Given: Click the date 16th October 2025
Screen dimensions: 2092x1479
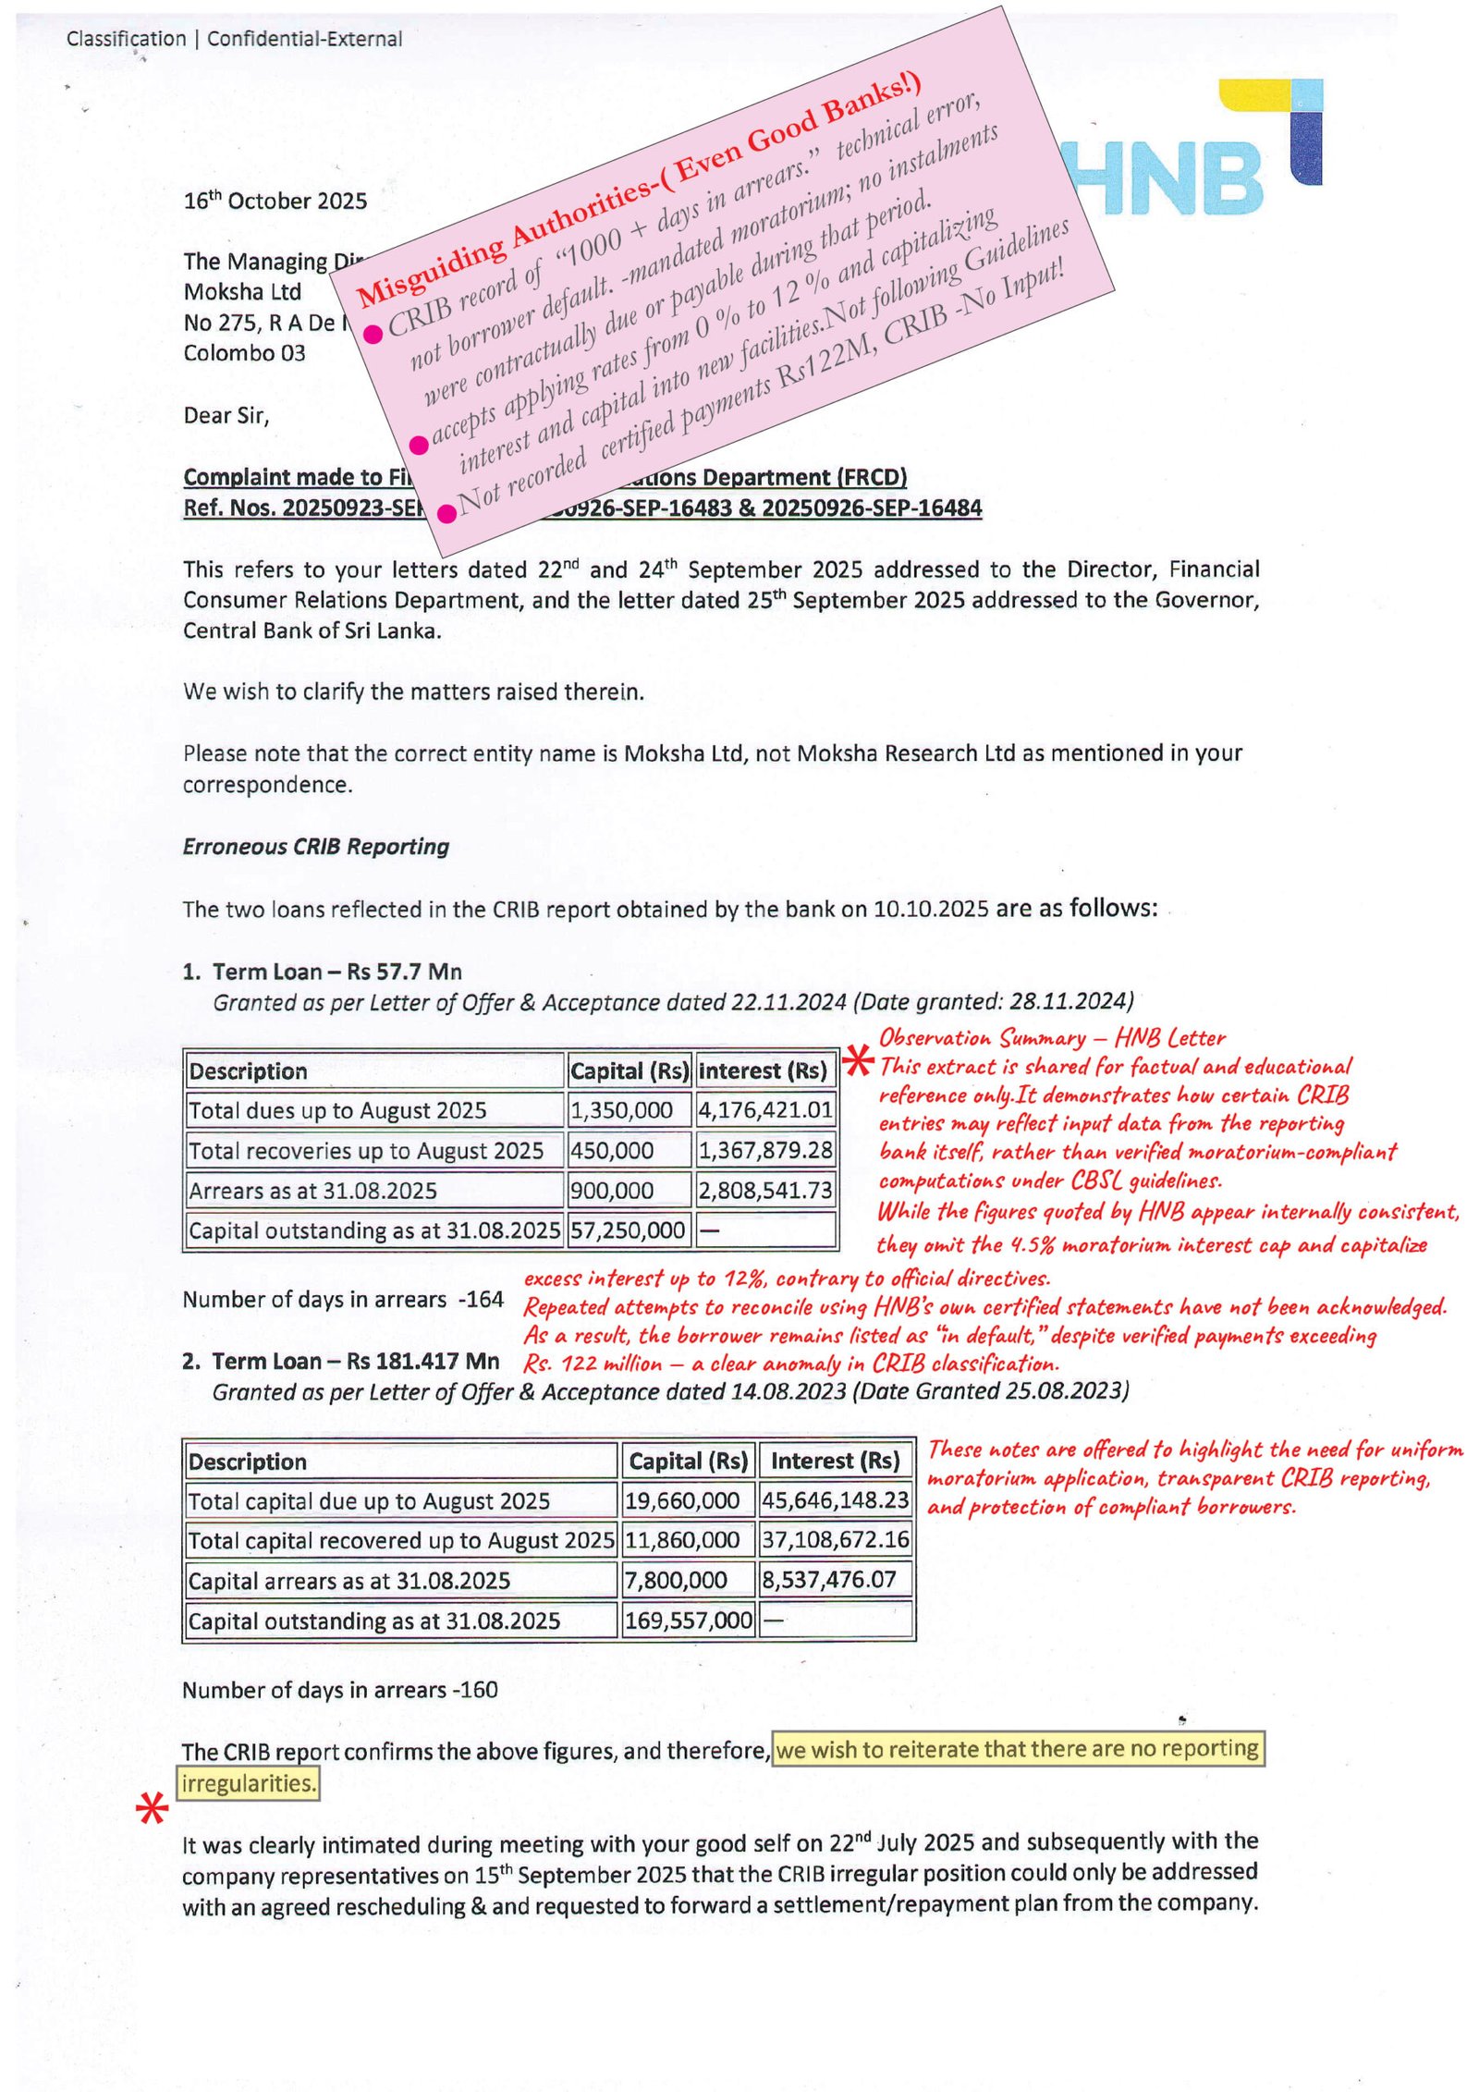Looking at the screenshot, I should pyautogui.click(x=275, y=201).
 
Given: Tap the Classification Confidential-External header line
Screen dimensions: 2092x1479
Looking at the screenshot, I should pyautogui.click(x=234, y=39).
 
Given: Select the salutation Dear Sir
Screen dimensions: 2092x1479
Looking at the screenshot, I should pyautogui.click(x=226, y=416).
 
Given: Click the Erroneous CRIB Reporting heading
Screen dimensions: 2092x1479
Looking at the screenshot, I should pyautogui.click(x=315, y=847).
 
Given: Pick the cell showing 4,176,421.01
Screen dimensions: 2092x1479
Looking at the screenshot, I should pyautogui.click(x=764, y=1109).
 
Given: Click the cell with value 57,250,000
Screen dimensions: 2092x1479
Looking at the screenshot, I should pyautogui.click(x=628, y=1230).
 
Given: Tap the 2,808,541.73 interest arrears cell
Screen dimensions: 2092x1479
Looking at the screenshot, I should pyautogui.click(x=764, y=1191).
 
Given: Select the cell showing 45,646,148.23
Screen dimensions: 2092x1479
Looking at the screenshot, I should pyautogui.click(x=835, y=1499).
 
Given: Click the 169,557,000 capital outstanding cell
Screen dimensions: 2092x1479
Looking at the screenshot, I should pyautogui.click(x=688, y=1621).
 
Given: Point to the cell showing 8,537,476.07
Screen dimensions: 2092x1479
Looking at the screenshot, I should pyautogui.click(x=828, y=1580).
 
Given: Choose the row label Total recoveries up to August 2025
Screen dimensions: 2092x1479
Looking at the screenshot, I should pyautogui.click(x=366, y=1151).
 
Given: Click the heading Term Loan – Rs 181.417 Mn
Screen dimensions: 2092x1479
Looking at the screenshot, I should pyautogui.click(x=355, y=1361).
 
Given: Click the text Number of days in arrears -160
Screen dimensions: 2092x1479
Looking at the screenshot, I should pyautogui.click(x=339, y=1690).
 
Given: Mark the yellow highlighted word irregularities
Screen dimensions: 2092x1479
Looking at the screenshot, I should pyautogui.click(x=247, y=1783).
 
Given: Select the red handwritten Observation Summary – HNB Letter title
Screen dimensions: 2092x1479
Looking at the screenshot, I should pyautogui.click(x=1051, y=1037).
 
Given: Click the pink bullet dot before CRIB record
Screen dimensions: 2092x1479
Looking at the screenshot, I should pyautogui.click(x=373, y=334).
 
